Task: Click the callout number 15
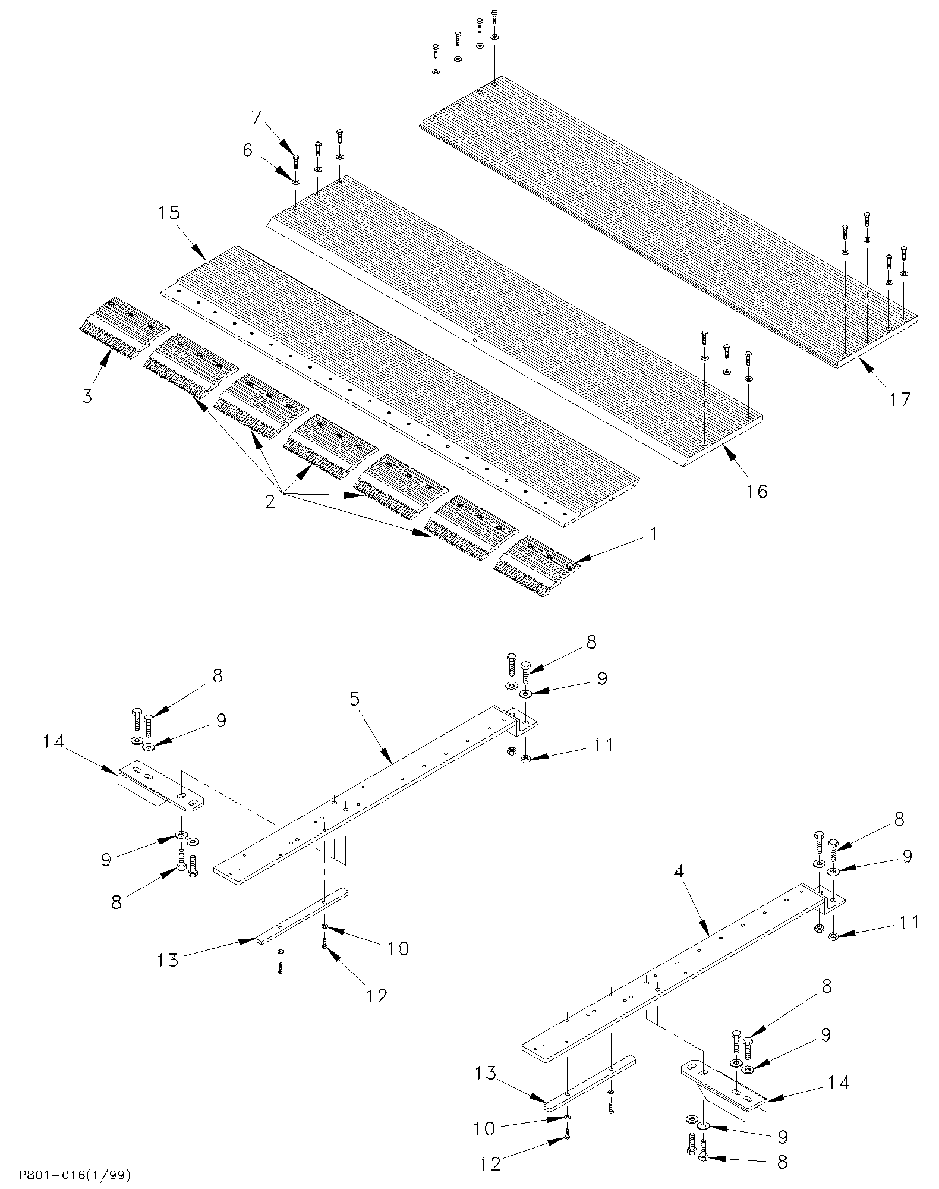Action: (x=169, y=213)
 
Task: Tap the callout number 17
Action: (x=899, y=399)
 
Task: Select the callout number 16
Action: (x=758, y=491)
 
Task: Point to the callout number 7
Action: (x=256, y=118)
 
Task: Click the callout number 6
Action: (x=248, y=151)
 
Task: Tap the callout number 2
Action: (x=270, y=502)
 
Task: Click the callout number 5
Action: (x=355, y=699)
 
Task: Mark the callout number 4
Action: (x=679, y=873)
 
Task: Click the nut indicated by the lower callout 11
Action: (x=833, y=936)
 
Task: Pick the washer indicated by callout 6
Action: (x=296, y=180)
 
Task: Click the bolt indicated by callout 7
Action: (x=296, y=161)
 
